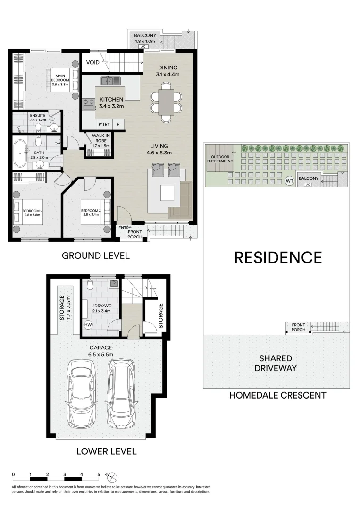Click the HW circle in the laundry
pos(88,325)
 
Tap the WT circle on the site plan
pos(289,180)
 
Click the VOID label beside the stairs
pos(92,62)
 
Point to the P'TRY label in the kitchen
pos(104,125)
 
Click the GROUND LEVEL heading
pos(96,256)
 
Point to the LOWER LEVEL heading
pos(106,451)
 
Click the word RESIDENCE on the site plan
pos(278,257)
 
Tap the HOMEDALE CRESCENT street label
pos(277,395)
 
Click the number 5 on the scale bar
pos(99,473)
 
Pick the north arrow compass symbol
pos(112,477)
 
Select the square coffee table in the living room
pos(167,193)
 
